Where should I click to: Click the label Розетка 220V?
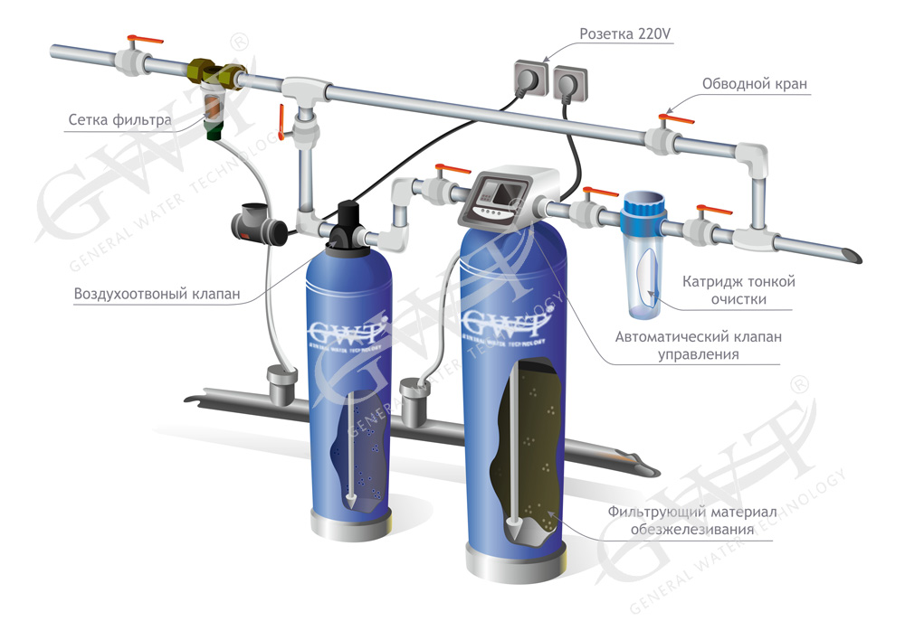(625, 34)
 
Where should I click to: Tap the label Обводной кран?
(755, 84)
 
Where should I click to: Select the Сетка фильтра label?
(120, 120)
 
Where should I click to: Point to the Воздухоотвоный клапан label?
(157, 294)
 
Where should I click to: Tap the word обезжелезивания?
(692, 530)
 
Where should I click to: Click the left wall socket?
(530, 78)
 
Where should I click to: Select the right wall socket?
(571, 84)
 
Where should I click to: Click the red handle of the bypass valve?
(676, 119)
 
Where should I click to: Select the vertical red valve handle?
(281, 122)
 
